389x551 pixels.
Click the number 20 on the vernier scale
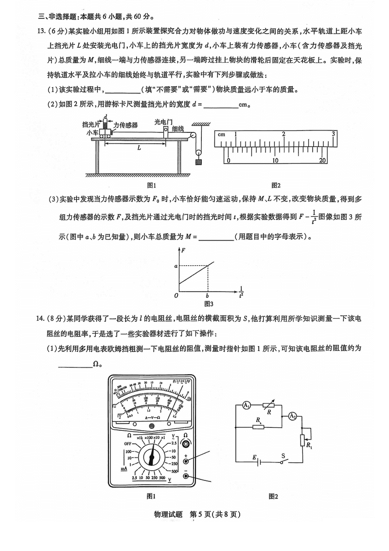click(322, 161)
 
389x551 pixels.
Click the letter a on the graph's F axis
click(176, 266)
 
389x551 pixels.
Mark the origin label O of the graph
click(176, 295)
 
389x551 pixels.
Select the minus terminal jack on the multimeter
click(186, 476)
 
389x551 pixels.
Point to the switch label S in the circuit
click(283, 456)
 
